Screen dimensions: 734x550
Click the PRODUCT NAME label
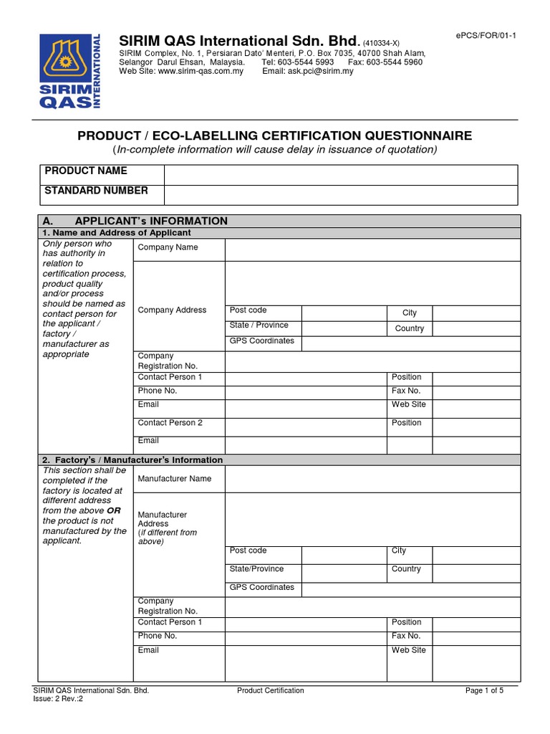(x=86, y=171)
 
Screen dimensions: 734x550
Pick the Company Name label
(x=168, y=247)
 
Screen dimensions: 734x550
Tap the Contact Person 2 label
(x=170, y=423)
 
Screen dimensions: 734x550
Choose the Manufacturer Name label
(x=175, y=478)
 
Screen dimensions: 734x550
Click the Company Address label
(x=172, y=310)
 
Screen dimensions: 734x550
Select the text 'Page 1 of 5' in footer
(x=485, y=691)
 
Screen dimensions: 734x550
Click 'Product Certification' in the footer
(x=270, y=691)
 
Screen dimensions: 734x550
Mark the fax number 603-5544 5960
(x=400, y=62)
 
